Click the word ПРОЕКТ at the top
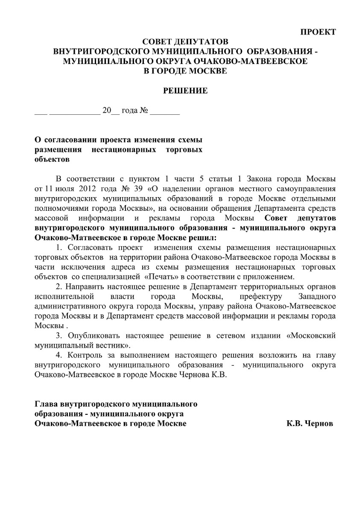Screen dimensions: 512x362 tap(318, 32)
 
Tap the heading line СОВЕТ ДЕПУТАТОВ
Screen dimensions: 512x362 tap(186, 42)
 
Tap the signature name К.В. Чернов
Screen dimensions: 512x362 tap(310, 424)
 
